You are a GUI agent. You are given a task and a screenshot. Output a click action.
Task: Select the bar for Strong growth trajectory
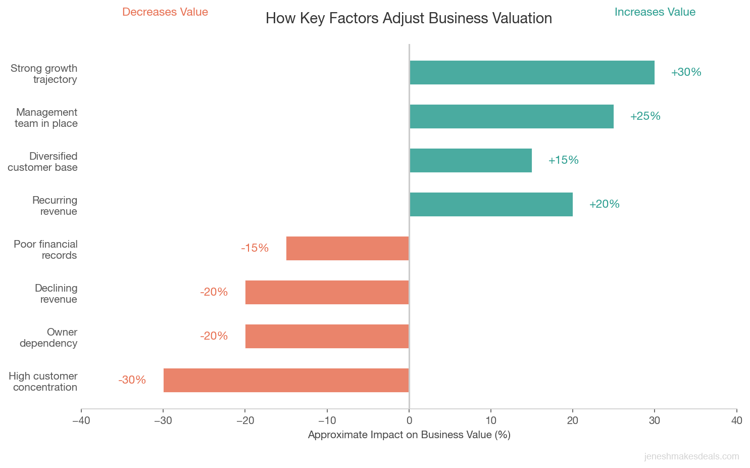(532, 73)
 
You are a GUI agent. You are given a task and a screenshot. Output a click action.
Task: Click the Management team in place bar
(511, 117)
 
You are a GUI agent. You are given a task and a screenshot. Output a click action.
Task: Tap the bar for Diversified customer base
(470, 161)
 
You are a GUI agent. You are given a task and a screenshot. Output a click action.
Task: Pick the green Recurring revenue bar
(491, 205)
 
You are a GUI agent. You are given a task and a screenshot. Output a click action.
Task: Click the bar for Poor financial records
(347, 249)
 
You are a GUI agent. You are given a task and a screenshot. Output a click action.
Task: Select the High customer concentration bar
(286, 381)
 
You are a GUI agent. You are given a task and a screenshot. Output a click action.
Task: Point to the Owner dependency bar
(327, 337)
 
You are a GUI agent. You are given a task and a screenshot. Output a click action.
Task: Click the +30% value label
(686, 72)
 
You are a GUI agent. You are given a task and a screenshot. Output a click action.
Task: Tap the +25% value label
(645, 116)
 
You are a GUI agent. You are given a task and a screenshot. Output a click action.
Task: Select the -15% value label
(255, 248)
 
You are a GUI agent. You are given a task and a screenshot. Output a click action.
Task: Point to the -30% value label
(132, 380)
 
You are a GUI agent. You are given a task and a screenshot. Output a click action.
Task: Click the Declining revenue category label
(56, 294)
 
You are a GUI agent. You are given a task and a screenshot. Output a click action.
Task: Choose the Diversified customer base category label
(43, 162)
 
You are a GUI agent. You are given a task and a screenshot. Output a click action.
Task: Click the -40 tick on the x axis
(81, 420)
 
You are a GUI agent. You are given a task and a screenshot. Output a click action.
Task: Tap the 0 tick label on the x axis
(409, 420)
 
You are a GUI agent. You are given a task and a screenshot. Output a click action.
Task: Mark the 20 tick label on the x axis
(573, 420)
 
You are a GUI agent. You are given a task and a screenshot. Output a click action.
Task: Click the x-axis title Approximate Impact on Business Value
(409, 435)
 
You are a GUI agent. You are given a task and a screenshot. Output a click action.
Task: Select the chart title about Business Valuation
(409, 19)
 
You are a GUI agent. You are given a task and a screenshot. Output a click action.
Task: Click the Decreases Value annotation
(165, 12)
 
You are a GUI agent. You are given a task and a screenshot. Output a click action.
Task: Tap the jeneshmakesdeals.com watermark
(691, 457)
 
